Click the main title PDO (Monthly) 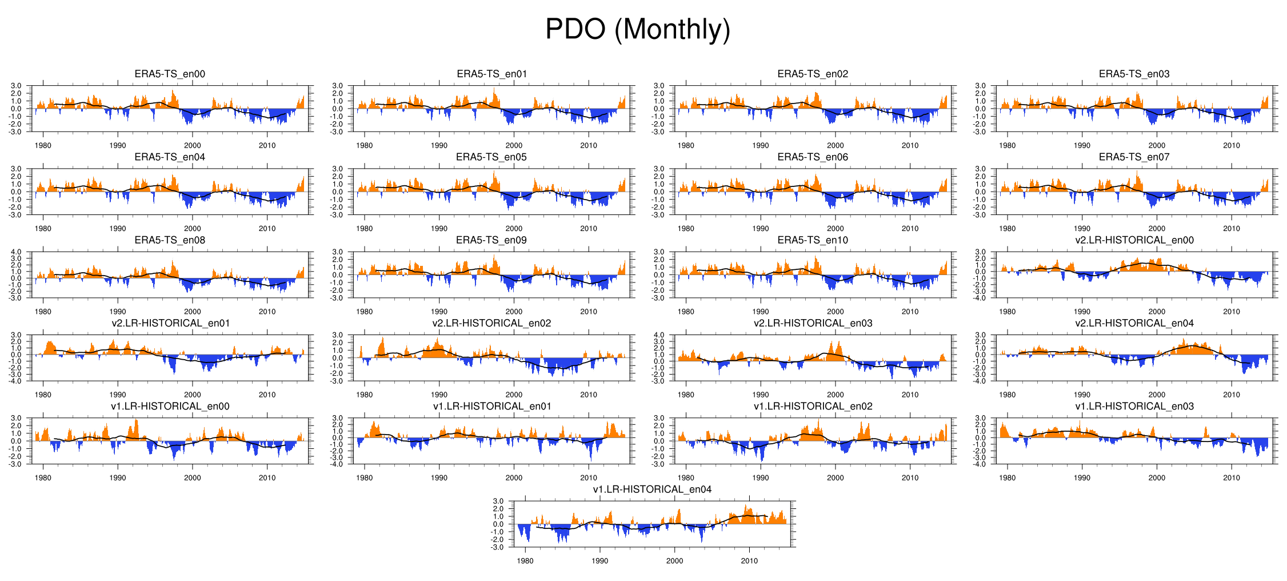click(x=638, y=29)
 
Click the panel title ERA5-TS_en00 click(x=170, y=74)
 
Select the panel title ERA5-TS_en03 click(x=1134, y=74)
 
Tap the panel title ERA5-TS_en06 click(x=813, y=157)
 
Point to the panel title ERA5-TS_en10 click(x=813, y=240)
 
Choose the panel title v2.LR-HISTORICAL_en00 click(x=1134, y=240)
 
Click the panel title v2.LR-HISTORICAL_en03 click(x=813, y=323)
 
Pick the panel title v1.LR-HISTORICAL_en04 click(x=652, y=490)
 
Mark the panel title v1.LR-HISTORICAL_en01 click(x=491, y=407)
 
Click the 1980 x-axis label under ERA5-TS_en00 click(x=43, y=145)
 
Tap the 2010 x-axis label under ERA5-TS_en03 click(x=1231, y=145)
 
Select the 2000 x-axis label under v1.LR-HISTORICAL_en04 click(x=674, y=561)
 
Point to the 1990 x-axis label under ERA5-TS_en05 click(x=439, y=229)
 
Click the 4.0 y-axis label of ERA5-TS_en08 click(x=16, y=252)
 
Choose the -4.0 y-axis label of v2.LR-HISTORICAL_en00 click(x=980, y=298)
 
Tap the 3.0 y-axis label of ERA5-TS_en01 click(x=338, y=86)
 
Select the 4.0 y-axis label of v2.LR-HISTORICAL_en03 click(x=659, y=335)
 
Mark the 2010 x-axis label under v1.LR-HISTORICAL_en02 click(x=910, y=478)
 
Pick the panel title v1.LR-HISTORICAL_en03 click(x=1134, y=407)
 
